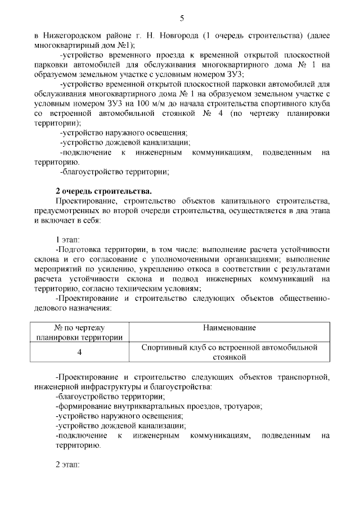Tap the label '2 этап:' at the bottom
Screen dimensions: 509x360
69,465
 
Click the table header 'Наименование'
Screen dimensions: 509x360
230,328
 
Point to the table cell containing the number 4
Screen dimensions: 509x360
79,352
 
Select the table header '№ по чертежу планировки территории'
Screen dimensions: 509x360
79,332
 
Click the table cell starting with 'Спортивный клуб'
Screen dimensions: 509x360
229,352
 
